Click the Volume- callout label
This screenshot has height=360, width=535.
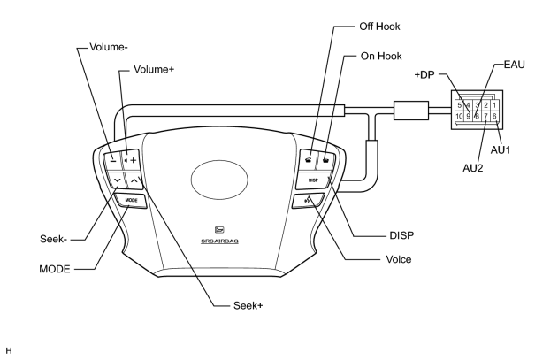click(109, 47)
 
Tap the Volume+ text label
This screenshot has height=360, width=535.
click(154, 70)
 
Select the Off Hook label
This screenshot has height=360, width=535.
click(379, 27)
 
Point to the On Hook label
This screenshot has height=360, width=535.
click(381, 56)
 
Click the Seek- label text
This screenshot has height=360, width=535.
click(53, 239)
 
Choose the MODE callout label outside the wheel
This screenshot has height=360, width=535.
click(55, 269)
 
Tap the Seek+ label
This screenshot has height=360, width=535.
click(248, 305)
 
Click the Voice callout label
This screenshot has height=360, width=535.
click(399, 259)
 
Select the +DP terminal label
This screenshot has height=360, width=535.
click(424, 74)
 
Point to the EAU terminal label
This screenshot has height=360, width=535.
click(514, 65)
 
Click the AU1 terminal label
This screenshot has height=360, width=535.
click(501, 149)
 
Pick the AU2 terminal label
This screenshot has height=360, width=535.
click(473, 168)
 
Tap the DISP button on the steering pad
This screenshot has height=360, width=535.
click(314, 180)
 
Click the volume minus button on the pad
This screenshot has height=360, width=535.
click(113, 160)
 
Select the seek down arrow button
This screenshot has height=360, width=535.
click(117, 180)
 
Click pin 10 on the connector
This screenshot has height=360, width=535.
click(459, 117)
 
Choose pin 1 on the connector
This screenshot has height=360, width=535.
click(494, 105)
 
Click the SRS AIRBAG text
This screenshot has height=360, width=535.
click(219, 241)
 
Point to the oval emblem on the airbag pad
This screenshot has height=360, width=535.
click(219, 180)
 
